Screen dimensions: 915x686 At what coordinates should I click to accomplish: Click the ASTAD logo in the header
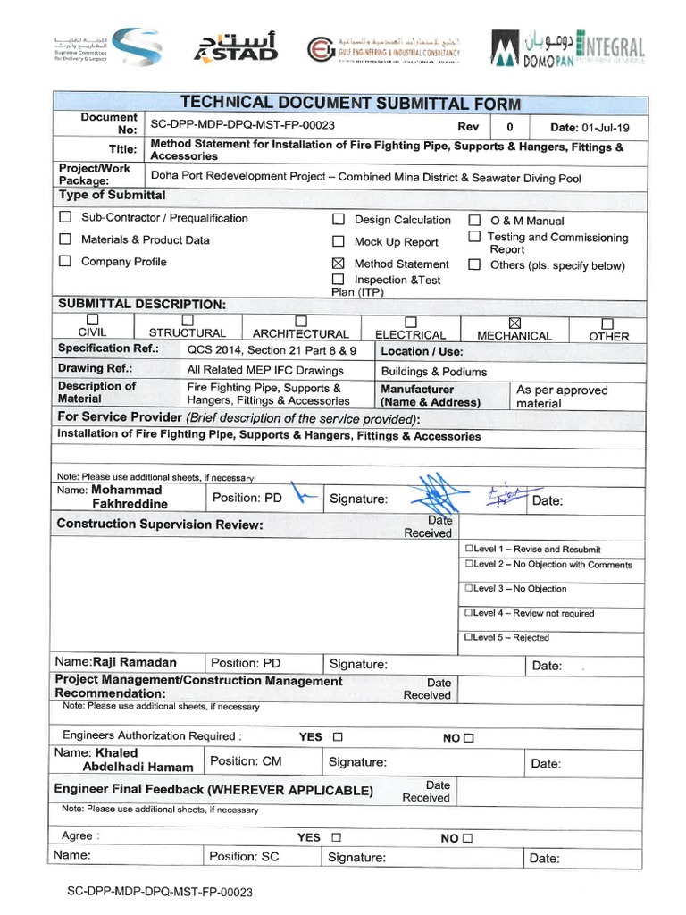coord(236,46)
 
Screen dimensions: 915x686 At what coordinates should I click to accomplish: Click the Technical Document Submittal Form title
coord(350,104)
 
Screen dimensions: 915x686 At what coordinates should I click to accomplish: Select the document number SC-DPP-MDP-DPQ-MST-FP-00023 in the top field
coord(242,126)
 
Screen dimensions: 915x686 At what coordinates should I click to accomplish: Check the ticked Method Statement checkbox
coord(338,264)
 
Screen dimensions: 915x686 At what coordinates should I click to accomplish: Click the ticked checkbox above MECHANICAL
coord(514,323)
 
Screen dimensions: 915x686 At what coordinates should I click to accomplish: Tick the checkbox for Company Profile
coord(65,262)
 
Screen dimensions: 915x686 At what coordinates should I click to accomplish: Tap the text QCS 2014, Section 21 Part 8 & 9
coord(272,350)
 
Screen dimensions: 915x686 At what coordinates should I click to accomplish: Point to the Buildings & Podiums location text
coord(433,371)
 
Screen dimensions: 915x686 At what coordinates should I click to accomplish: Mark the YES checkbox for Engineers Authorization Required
coord(337,737)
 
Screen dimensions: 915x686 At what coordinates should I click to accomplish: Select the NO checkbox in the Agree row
coord(467,838)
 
